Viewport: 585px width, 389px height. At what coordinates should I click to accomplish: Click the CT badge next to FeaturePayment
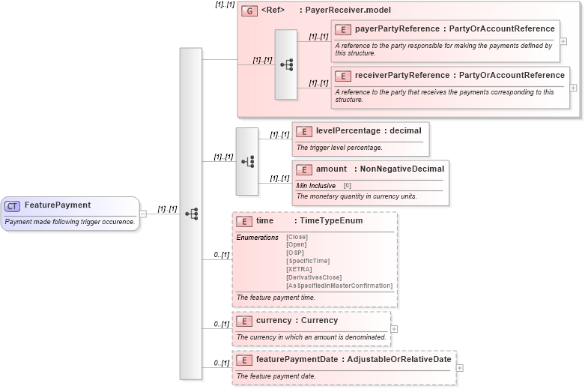(12, 205)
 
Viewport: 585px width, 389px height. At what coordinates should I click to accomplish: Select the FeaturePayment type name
(58, 205)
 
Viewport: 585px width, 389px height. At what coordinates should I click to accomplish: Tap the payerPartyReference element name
(397, 29)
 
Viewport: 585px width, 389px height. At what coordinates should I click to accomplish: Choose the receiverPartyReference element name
(401, 76)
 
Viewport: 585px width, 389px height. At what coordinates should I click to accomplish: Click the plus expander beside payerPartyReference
(563, 41)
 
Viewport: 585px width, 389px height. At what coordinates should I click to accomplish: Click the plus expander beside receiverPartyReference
(573, 88)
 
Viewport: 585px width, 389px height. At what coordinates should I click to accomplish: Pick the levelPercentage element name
(348, 131)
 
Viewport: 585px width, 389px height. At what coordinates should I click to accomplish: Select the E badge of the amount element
(303, 169)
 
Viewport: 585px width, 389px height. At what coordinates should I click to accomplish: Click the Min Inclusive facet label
(315, 185)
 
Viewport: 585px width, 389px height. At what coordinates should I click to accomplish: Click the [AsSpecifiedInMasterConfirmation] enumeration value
(339, 286)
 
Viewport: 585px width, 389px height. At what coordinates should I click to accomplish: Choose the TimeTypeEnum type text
(331, 221)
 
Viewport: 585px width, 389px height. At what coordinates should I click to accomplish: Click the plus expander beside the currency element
(394, 329)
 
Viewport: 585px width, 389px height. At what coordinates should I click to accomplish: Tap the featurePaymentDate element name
(297, 360)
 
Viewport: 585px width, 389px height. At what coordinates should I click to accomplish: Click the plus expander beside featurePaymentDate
(460, 368)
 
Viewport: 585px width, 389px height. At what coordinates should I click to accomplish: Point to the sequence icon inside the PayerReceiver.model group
(286, 65)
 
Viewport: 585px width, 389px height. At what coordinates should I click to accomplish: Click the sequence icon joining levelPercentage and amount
(247, 161)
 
